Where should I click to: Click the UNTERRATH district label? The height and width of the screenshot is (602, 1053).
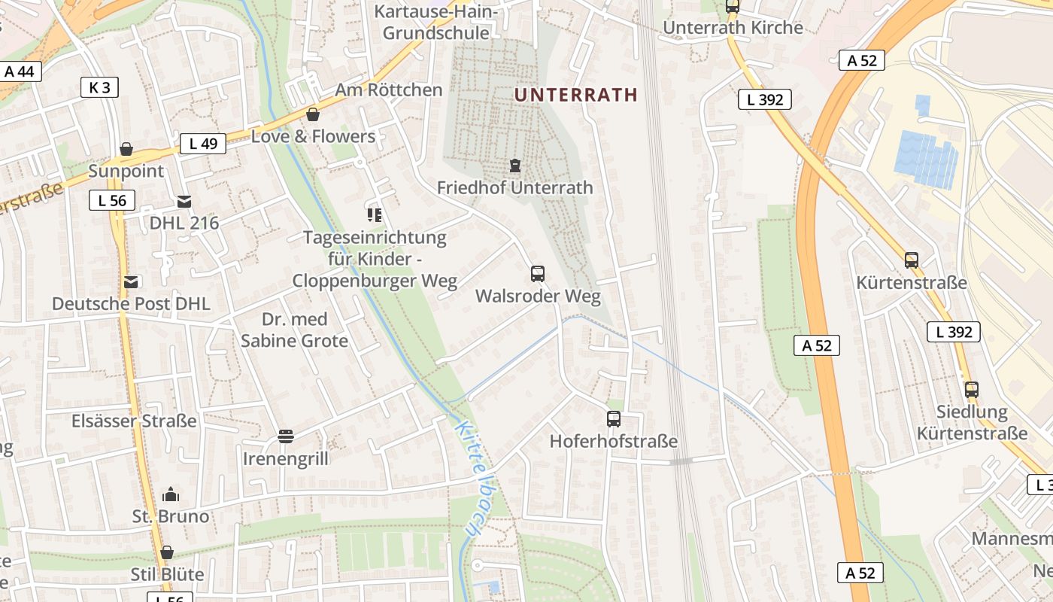[575, 95]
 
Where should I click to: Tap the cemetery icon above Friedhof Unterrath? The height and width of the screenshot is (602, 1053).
[515, 165]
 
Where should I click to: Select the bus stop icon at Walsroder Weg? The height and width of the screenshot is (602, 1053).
[537, 273]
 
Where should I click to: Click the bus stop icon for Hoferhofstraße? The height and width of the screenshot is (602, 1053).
[614, 419]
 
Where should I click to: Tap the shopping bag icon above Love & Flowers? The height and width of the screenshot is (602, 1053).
[313, 114]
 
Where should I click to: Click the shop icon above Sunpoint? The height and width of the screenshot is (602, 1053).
[126, 149]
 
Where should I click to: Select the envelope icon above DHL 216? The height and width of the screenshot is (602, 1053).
[184, 202]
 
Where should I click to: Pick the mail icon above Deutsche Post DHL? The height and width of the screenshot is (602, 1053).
[132, 282]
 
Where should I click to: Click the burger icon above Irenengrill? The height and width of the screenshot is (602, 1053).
[286, 436]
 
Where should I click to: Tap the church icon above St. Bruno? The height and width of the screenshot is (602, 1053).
[171, 494]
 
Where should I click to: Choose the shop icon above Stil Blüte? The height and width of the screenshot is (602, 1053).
[167, 553]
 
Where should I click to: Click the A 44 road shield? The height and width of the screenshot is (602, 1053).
[20, 71]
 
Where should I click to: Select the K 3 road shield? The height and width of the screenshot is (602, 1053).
[99, 87]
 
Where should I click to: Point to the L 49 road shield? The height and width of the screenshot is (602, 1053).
[203, 143]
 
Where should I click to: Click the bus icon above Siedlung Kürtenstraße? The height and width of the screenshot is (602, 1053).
[972, 390]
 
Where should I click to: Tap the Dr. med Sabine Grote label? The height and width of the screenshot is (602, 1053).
[294, 330]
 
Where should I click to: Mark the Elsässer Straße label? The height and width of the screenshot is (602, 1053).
[134, 421]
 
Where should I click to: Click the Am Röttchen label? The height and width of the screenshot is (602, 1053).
[388, 90]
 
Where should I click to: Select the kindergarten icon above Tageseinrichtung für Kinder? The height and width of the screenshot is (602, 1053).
[375, 215]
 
